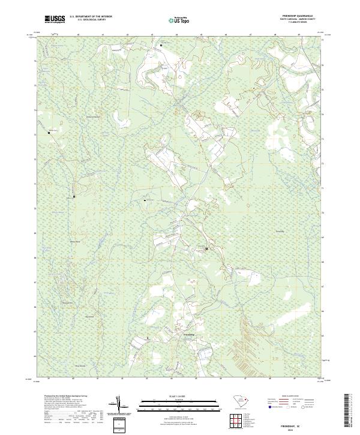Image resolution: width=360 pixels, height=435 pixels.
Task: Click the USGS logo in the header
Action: (54, 19)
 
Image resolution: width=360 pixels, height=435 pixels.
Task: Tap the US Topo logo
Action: (179, 20)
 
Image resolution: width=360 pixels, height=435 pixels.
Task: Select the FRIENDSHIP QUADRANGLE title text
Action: (304, 16)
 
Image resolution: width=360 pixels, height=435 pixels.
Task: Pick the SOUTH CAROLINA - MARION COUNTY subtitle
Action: (304, 19)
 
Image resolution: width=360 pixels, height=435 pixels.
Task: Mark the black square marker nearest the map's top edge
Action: (161, 44)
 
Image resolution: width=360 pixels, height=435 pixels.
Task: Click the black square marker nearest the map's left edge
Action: (49, 132)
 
